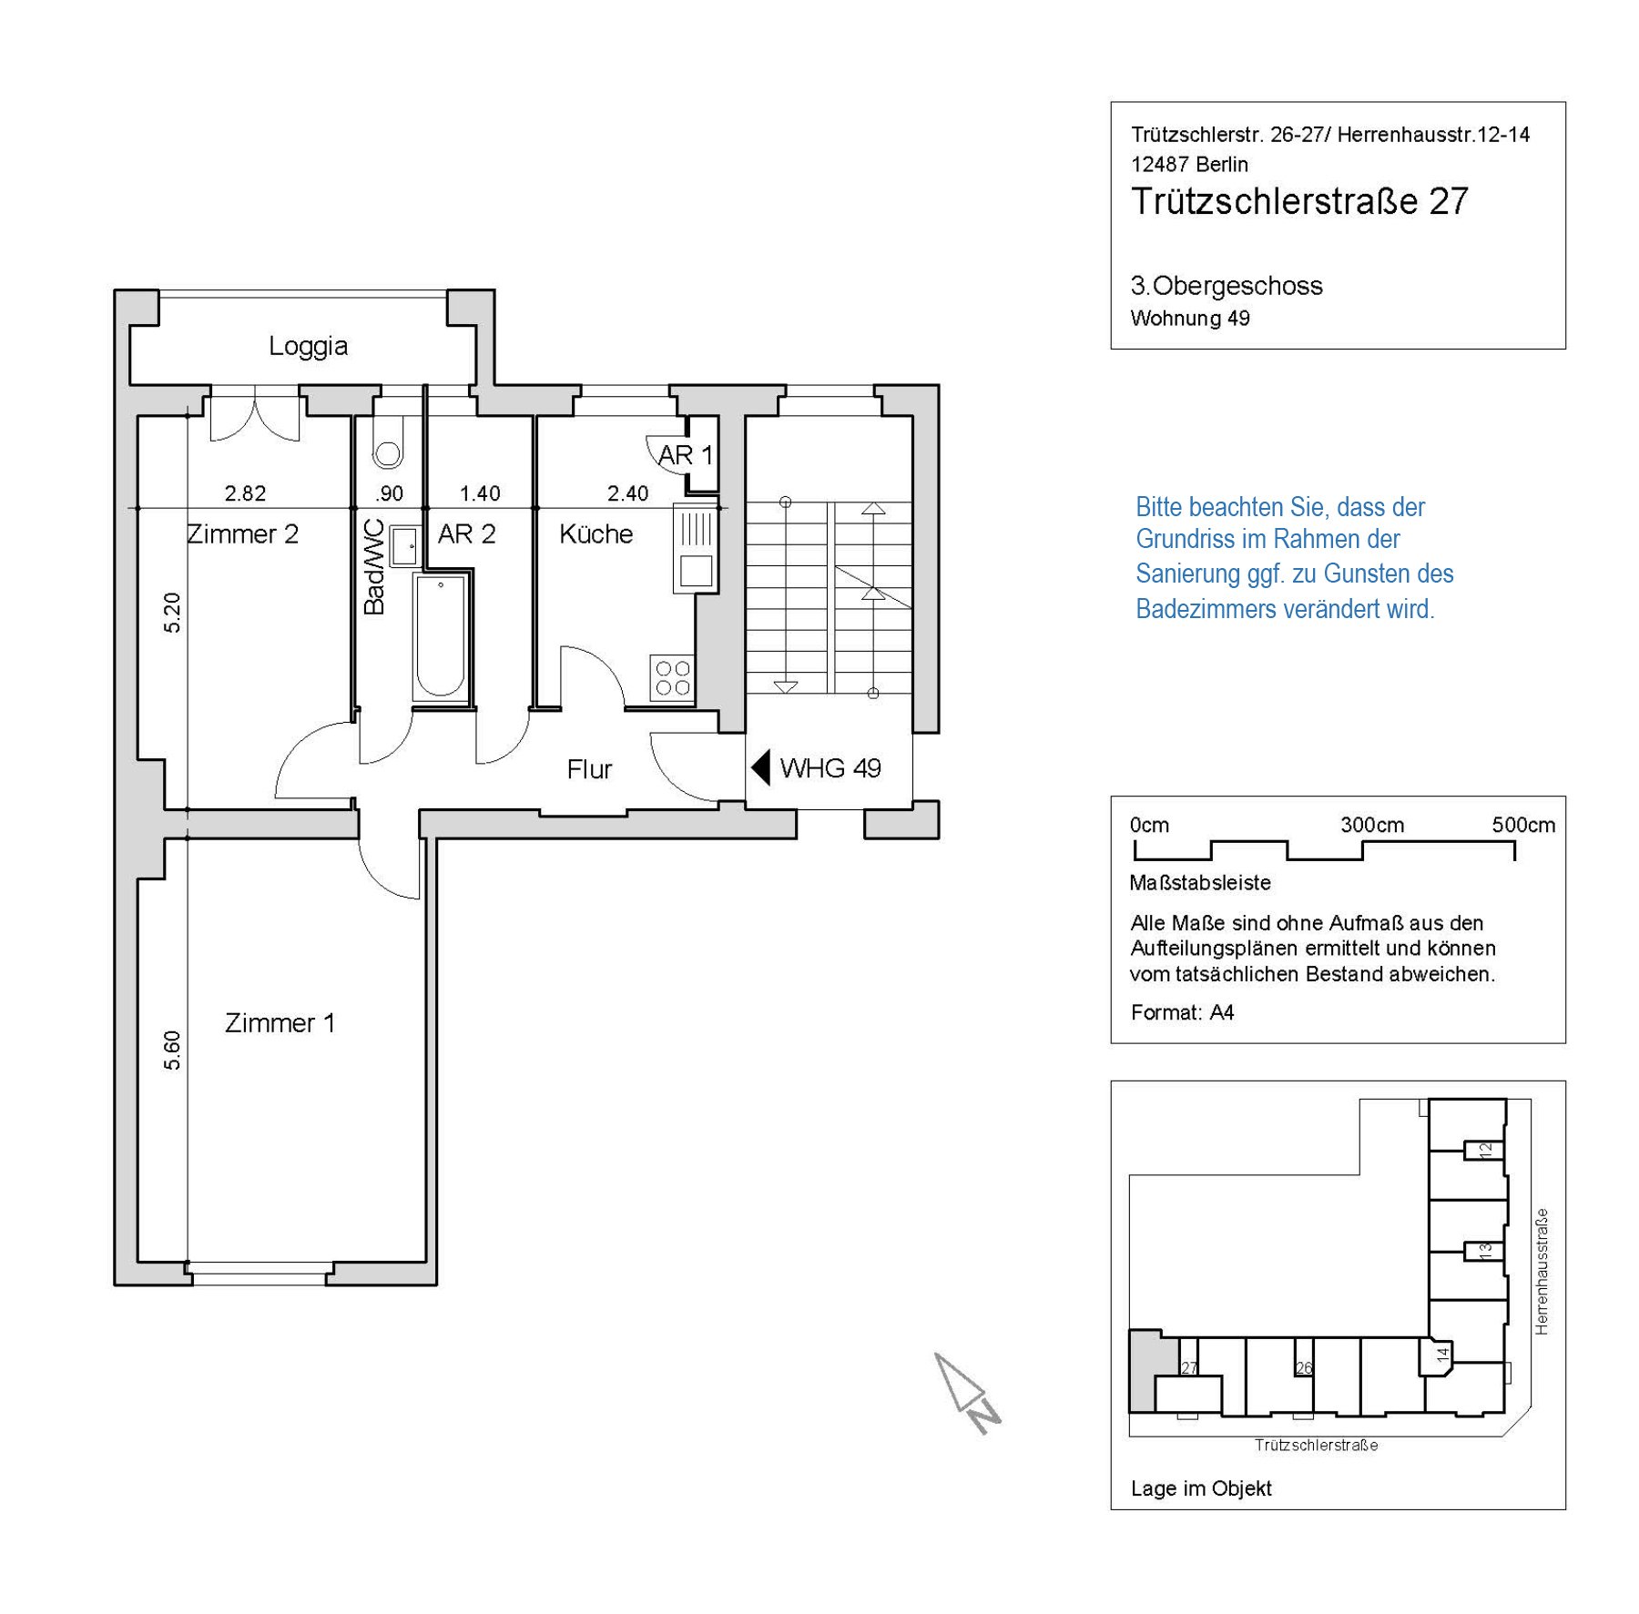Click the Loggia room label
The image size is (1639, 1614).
coord(308,346)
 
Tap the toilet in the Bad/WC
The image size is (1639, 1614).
coord(388,442)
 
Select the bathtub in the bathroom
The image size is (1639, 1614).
coord(441,637)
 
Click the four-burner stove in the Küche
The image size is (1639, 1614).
coord(673,678)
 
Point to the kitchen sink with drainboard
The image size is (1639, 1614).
coord(696,549)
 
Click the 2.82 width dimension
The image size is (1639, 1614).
coord(245,493)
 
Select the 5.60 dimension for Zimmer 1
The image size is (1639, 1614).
coord(172,1051)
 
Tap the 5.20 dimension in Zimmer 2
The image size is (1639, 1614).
coord(172,613)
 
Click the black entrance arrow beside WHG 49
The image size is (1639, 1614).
coord(760,767)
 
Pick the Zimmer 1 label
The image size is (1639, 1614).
coord(280,1023)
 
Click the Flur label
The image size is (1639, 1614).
coord(589,770)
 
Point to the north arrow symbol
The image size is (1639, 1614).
coord(967,1393)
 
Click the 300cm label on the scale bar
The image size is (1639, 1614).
coord(1372,825)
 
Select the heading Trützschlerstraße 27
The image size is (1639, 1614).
coord(1299,201)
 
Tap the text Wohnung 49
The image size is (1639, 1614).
coord(1190,319)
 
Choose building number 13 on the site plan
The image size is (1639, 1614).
coord(1485,1252)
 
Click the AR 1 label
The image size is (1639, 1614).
coord(686,455)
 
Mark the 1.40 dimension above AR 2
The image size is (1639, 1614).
coord(480,493)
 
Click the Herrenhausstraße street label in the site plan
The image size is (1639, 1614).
coord(1542,1272)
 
